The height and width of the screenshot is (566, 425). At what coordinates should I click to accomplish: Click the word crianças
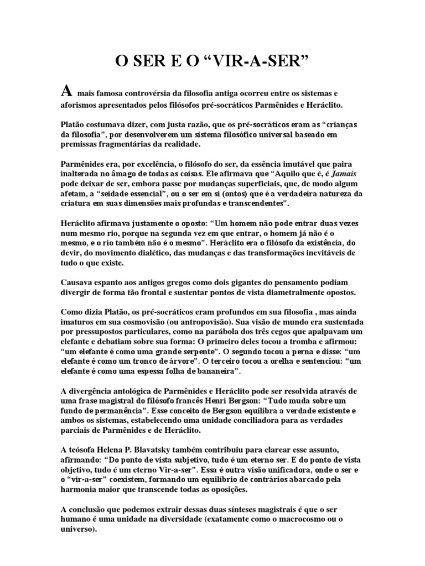(x=340, y=125)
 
